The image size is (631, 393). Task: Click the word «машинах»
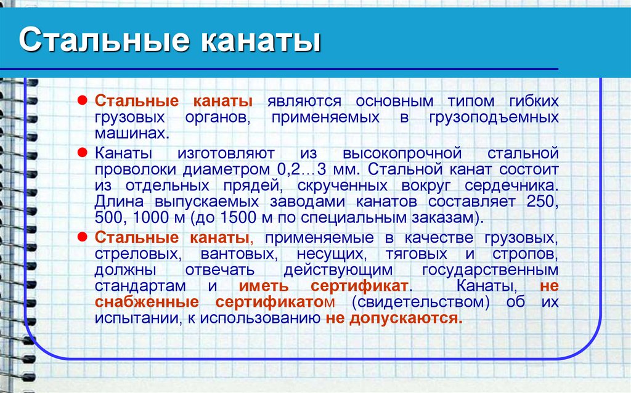[x=129, y=133]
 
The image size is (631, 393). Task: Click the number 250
[x=542, y=202]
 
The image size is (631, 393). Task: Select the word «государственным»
[x=491, y=270]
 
